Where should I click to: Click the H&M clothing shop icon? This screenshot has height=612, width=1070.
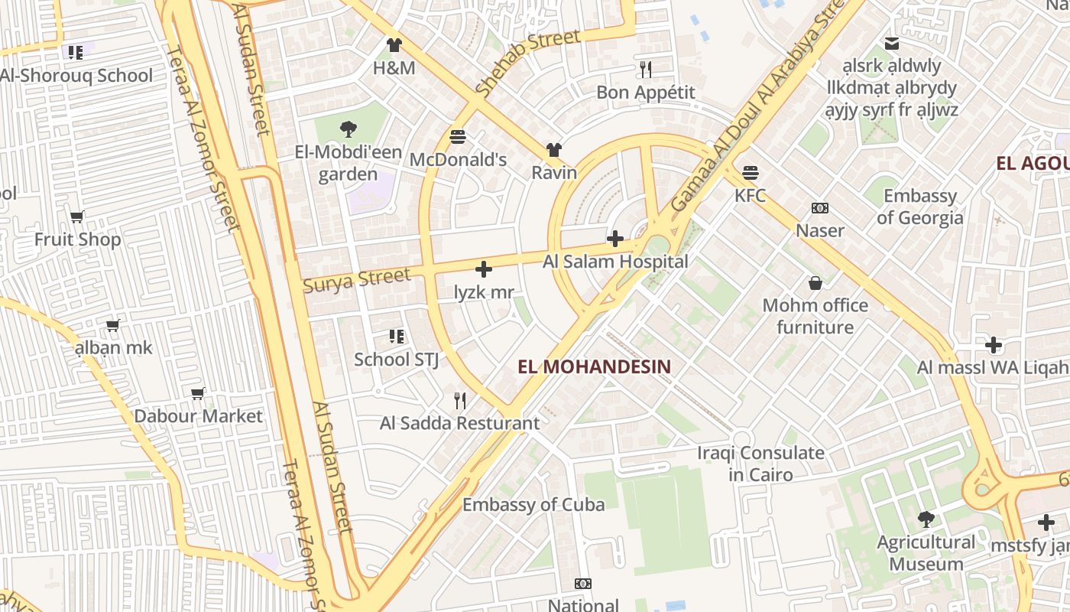pos(394,45)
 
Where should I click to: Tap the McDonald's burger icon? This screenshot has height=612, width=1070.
pos(458,137)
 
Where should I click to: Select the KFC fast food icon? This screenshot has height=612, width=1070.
pos(751,172)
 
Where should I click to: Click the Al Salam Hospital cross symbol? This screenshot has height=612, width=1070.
pos(615,239)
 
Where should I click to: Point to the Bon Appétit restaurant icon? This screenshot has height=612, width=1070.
pos(646,70)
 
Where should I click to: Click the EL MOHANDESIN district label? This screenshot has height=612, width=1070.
pos(594,366)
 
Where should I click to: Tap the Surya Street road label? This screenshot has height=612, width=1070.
pos(356,279)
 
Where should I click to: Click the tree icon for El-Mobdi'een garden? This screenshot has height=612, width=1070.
pos(349,129)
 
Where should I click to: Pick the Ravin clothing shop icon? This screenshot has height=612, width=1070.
pos(553,150)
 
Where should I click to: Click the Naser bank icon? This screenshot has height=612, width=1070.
pos(820,208)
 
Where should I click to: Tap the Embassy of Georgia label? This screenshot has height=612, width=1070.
pos(920,207)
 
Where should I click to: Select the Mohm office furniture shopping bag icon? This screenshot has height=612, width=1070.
pos(815,283)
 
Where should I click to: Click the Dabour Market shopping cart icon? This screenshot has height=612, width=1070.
pos(198,393)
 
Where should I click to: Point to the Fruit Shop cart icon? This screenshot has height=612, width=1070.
pos(76,216)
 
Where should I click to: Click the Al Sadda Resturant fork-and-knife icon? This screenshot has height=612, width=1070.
pos(460,400)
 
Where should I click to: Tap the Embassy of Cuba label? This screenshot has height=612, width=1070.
pos(533,504)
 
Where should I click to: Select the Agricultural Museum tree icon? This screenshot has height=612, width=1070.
pos(926,519)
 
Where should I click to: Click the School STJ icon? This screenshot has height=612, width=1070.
pos(397,336)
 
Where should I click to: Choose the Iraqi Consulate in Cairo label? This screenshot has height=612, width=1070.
pos(760,464)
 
